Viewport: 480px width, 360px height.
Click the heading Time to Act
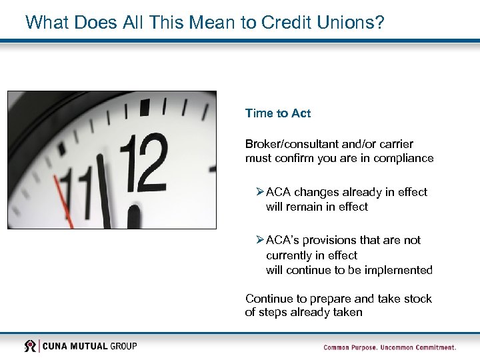click(x=277, y=113)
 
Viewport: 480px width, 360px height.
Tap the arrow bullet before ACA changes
click(x=259, y=192)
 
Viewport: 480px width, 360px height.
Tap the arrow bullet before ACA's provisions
click(x=259, y=240)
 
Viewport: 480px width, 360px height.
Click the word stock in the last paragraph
click(x=417, y=299)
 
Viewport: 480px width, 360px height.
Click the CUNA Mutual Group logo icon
click(x=31, y=346)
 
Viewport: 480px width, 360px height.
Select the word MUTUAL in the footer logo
click(x=88, y=346)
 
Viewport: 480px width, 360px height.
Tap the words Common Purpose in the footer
click(x=349, y=347)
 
